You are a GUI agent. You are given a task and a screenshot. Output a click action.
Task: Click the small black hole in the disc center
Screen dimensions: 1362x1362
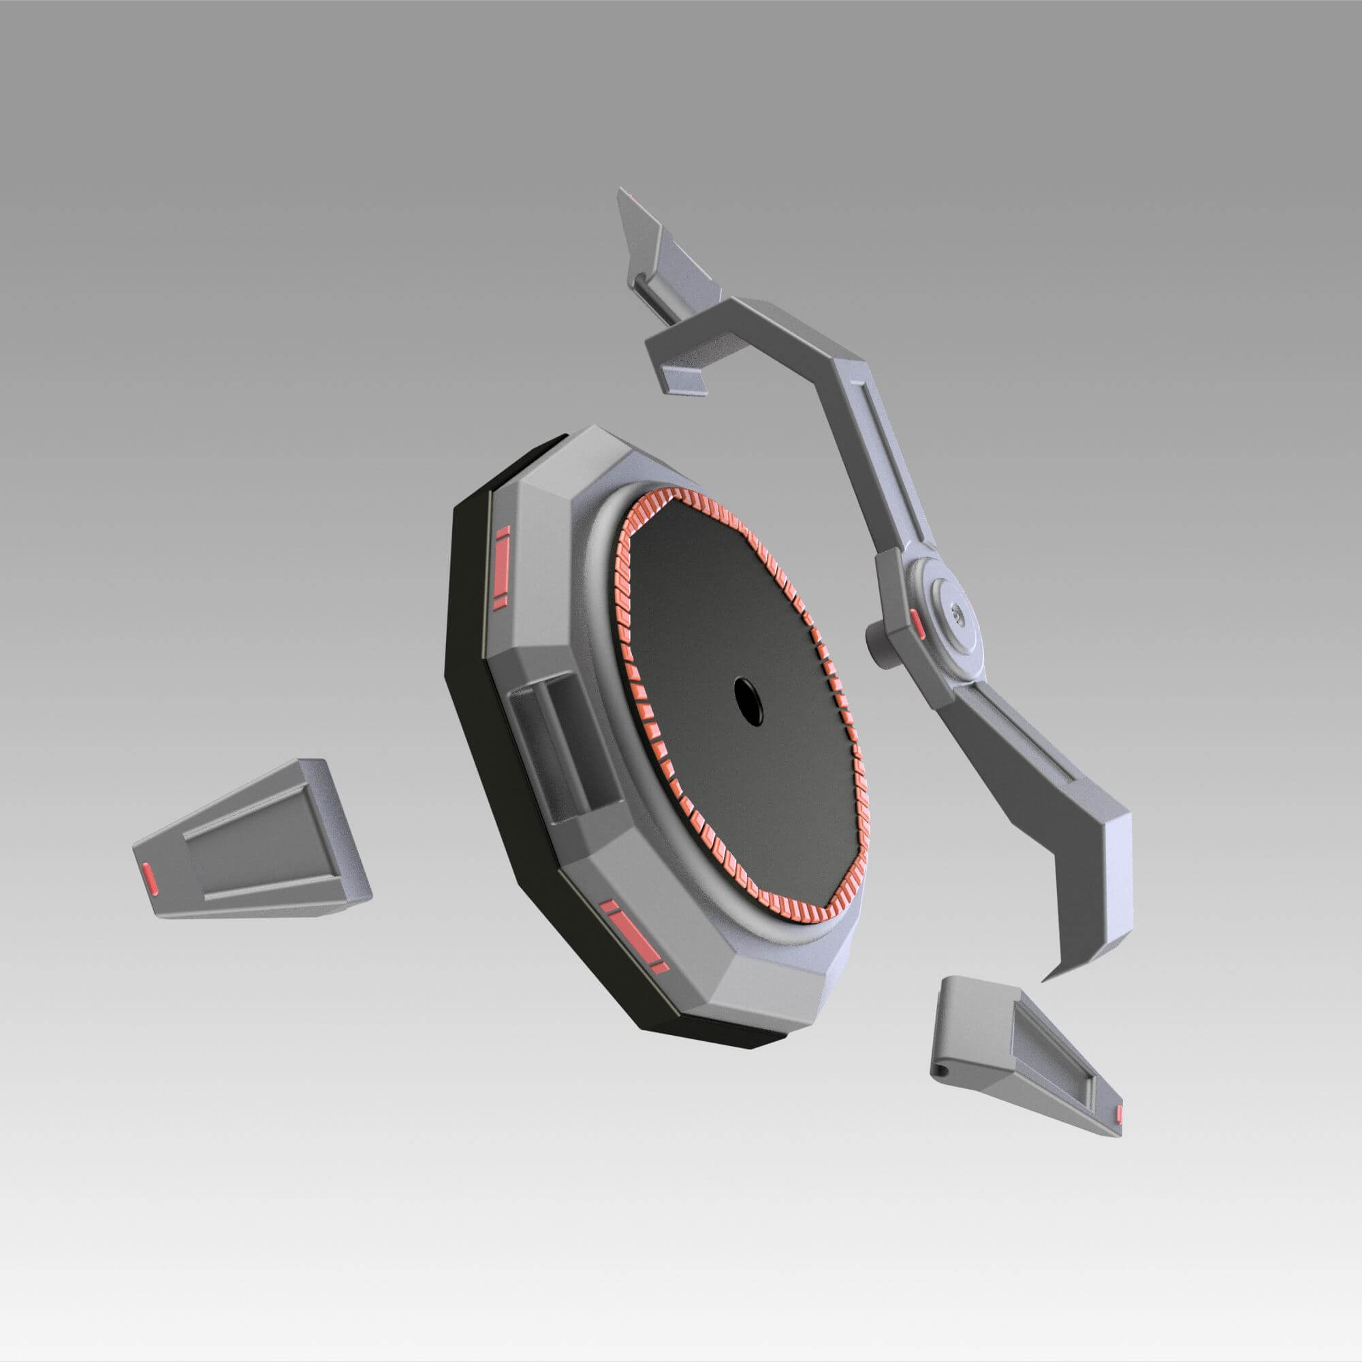(x=748, y=701)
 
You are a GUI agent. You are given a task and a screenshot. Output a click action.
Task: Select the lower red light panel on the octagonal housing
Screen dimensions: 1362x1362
(x=635, y=938)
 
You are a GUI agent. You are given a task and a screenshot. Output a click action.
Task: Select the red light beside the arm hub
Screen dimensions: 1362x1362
(x=916, y=622)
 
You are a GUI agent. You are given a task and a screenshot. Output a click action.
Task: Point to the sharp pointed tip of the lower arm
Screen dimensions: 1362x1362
(x=1045, y=980)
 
